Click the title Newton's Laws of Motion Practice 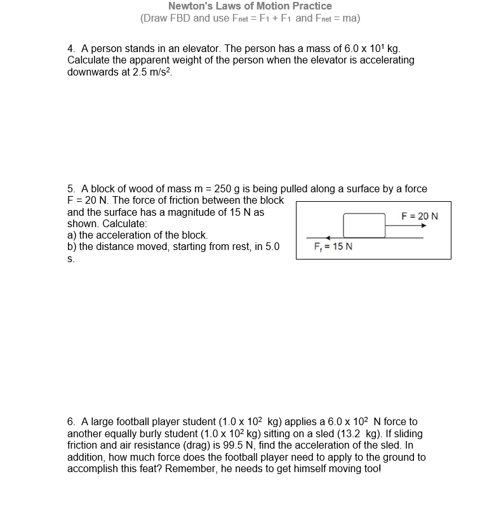pos(250,6)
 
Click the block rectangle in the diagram pos(364,225)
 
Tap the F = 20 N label pos(420,216)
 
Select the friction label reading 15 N pos(334,246)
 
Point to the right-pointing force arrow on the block pos(406,225)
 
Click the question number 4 pos(70,48)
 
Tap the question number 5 pos(70,189)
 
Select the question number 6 pos(70,422)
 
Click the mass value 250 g pos(229,189)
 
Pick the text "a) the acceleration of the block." pos(137,235)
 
